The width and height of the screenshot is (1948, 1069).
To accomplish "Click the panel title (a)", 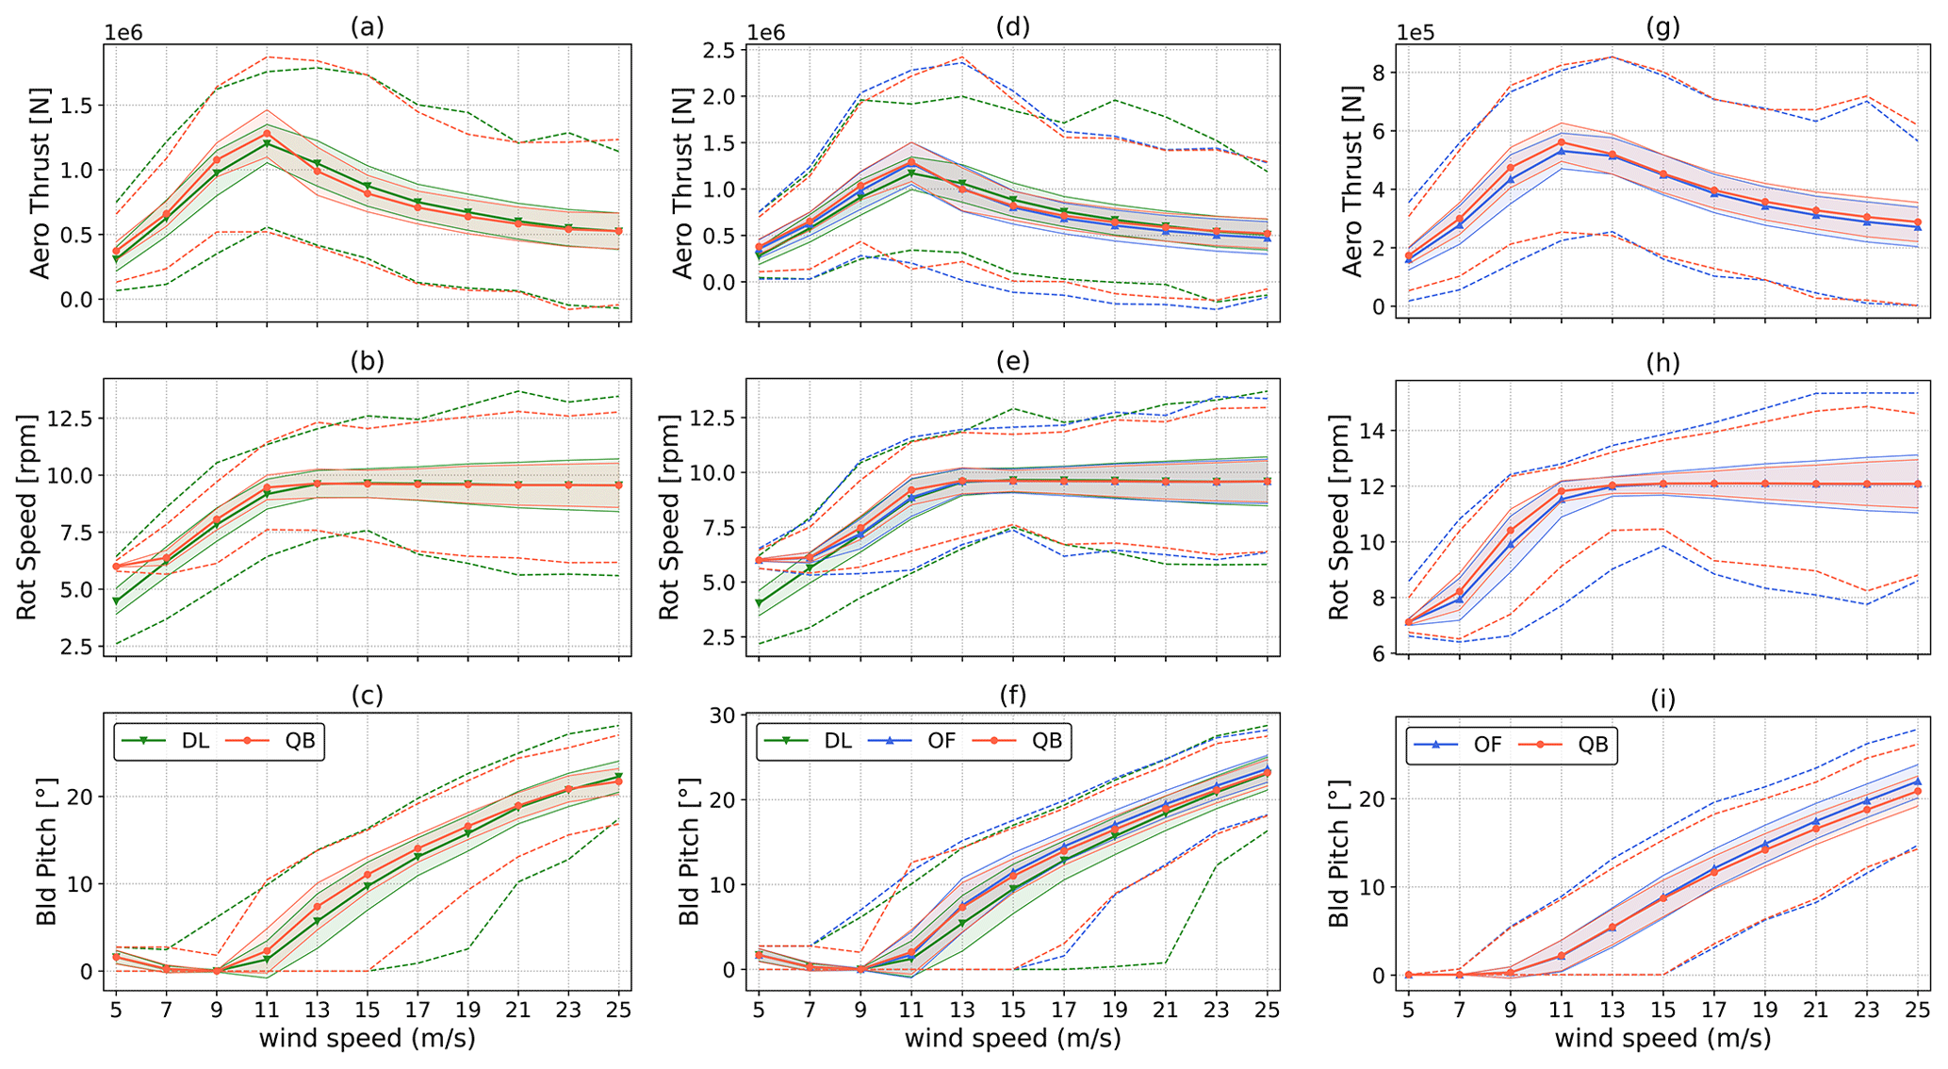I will pos(367,26).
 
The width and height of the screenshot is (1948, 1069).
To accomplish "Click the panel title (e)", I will pos(1012,362).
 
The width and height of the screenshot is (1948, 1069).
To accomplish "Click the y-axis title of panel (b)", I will pos(26,517).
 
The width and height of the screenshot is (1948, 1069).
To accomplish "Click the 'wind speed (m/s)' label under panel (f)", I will pos(1012,1039).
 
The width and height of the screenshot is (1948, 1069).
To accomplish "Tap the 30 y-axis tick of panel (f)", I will pos(724,715).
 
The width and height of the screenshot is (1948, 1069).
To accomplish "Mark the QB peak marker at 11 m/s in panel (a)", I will pos(267,133).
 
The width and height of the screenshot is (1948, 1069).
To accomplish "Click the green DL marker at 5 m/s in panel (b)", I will pos(116,600).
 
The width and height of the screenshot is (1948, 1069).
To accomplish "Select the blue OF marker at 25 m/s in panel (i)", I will pos(1918,781).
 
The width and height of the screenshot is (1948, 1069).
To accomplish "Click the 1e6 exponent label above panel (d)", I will pos(766,33).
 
